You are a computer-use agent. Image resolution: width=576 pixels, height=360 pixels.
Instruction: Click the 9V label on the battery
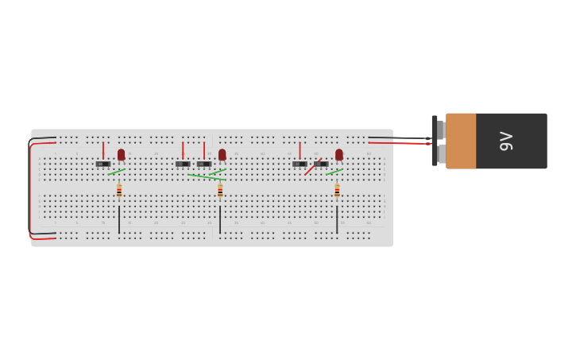click(x=506, y=141)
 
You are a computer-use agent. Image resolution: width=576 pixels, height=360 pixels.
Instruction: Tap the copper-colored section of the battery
click(x=461, y=141)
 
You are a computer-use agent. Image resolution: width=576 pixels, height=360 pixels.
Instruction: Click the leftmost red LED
click(x=121, y=154)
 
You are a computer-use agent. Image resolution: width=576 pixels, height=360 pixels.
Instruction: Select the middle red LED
click(x=222, y=154)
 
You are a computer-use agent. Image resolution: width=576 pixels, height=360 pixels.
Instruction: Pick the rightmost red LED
click(x=338, y=154)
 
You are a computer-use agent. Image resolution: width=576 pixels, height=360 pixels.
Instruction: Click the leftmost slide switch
click(x=103, y=164)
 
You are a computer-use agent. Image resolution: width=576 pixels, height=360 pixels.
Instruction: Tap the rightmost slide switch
click(x=320, y=164)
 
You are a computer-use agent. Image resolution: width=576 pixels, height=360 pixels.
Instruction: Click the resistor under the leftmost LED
click(x=119, y=191)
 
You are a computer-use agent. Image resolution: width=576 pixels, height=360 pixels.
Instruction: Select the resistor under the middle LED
click(x=220, y=191)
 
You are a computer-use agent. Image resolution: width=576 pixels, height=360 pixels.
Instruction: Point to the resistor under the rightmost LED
click(x=337, y=191)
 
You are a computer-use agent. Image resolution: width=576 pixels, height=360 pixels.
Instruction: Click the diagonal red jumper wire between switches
click(x=312, y=167)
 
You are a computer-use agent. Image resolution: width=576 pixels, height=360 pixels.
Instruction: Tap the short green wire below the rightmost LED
click(x=334, y=171)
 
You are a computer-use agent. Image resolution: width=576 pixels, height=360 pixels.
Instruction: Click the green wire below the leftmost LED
click(x=117, y=171)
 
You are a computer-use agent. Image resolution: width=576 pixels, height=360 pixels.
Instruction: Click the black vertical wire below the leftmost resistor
click(x=119, y=219)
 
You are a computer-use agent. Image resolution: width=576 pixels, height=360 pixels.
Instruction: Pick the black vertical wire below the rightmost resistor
click(x=337, y=219)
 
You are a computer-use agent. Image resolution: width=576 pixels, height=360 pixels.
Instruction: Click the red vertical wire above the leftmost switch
click(x=102, y=150)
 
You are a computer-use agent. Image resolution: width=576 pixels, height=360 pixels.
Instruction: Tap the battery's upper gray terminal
click(x=440, y=130)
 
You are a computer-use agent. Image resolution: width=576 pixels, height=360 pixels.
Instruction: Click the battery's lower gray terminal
click(x=441, y=153)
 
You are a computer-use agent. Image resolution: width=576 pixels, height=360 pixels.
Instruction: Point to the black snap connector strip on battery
click(x=435, y=141)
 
